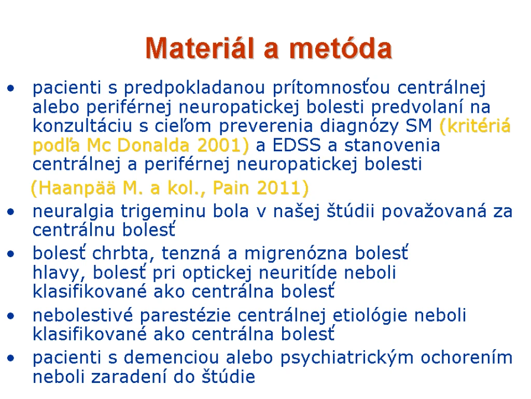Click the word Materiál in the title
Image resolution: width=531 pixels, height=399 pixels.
[x=200, y=48]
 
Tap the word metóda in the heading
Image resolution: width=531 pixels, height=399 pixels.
[x=341, y=48]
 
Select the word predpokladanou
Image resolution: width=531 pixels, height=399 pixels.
[x=194, y=88]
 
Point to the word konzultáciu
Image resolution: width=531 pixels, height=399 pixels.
[x=82, y=126]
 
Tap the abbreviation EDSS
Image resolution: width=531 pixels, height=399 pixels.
[x=296, y=145]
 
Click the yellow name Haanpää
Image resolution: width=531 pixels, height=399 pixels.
[x=73, y=188]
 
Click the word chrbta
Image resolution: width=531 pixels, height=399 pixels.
[x=120, y=253]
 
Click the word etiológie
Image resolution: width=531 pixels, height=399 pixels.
[x=371, y=315]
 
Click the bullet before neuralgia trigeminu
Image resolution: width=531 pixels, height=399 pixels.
[x=11, y=212]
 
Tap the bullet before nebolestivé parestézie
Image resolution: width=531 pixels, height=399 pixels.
[x=11, y=316]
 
